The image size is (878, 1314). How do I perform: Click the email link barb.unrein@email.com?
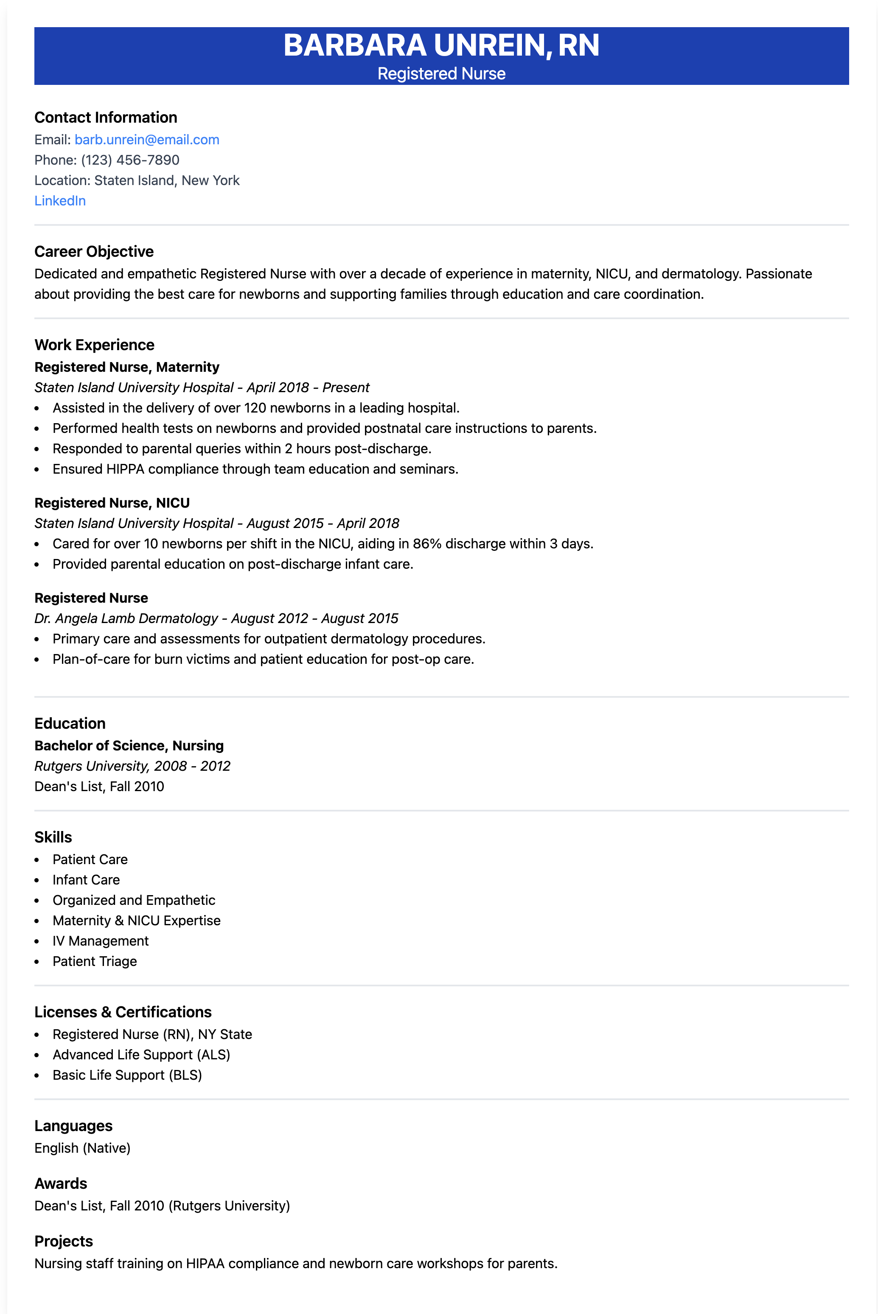click(x=147, y=139)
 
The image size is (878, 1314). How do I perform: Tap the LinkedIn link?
click(x=60, y=200)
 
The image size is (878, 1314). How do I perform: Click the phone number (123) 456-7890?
click(x=130, y=160)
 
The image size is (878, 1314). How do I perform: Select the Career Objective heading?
click(x=94, y=251)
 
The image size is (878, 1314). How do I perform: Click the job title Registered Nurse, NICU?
click(x=112, y=503)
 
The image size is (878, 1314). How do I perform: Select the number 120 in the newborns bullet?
click(x=255, y=407)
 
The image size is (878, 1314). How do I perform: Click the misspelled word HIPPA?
click(x=125, y=469)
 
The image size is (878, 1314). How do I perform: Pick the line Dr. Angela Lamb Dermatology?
click(x=126, y=618)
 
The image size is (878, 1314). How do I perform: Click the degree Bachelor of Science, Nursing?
click(x=129, y=746)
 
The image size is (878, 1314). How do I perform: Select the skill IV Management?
click(x=101, y=941)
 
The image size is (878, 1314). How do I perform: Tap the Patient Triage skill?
click(x=95, y=961)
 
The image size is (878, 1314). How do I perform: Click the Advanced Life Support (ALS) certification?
click(x=141, y=1054)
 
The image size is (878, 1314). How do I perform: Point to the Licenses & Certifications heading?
click(x=123, y=1012)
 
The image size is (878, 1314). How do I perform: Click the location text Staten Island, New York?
click(x=167, y=180)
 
